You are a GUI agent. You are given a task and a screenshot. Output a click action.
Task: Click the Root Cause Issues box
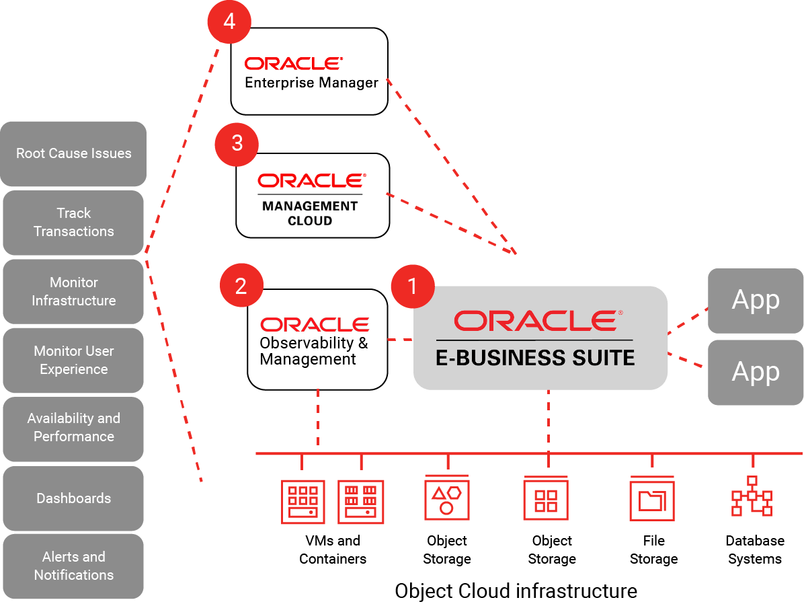[x=73, y=153]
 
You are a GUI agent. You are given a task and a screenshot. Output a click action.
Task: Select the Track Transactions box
[x=73, y=223]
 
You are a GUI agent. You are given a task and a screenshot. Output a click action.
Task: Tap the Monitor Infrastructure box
[x=73, y=292]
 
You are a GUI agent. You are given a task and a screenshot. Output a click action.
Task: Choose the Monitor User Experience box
[x=73, y=361]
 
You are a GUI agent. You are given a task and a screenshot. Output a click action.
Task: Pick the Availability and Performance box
[x=73, y=428]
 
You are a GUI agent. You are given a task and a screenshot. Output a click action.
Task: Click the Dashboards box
[x=73, y=498]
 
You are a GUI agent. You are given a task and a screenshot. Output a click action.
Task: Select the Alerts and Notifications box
[x=73, y=566]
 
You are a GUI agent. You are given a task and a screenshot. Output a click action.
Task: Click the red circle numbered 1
[x=413, y=287]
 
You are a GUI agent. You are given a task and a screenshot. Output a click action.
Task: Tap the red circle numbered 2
[x=241, y=287]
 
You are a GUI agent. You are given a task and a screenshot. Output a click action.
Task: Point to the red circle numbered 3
[x=237, y=143]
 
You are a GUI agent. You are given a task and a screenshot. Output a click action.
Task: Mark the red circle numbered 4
[x=229, y=22]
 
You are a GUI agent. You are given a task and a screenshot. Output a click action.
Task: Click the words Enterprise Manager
[x=311, y=83]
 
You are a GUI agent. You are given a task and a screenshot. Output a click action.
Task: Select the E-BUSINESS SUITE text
[x=535, y=358]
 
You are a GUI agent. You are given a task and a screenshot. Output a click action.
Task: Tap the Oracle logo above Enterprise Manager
[x=294, y=63]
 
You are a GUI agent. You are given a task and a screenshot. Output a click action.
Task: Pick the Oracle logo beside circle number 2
[x=315, y=325]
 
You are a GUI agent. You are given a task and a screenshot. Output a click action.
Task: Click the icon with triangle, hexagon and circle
[x=447, y=498]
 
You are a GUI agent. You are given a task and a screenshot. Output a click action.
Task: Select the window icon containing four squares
[x=546, y=498]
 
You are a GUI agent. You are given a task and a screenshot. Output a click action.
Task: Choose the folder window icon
[x=651, y=498]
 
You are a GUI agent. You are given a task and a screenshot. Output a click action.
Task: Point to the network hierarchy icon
[x=752, y=496]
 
